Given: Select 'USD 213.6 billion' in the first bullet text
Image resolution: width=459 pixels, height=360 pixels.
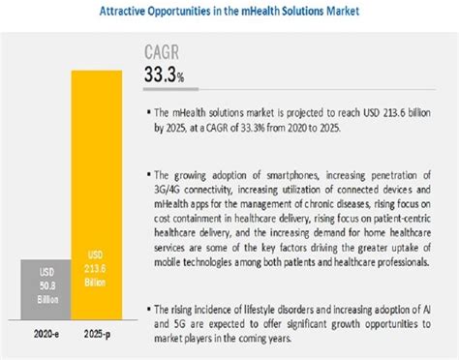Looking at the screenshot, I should pos(398,113).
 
